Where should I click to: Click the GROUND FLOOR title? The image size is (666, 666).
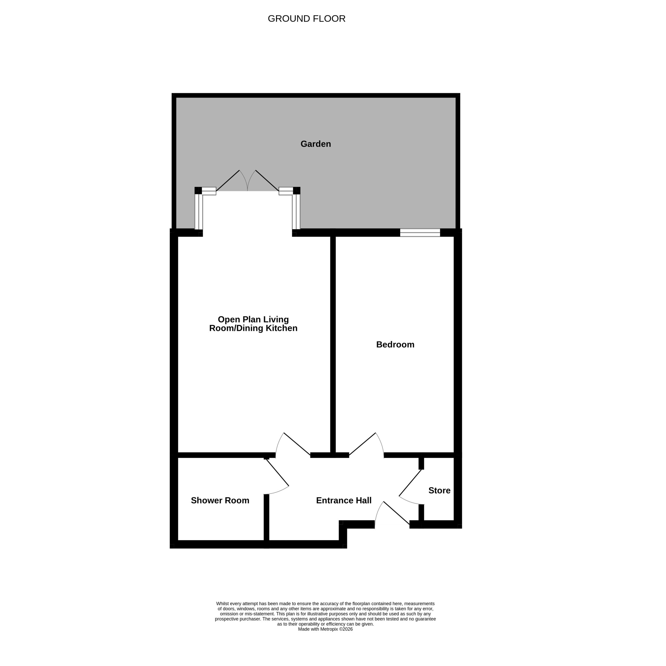coord(306,19)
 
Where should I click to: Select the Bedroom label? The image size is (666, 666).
coord(395,344)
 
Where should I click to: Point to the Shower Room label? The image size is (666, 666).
coord(220,500)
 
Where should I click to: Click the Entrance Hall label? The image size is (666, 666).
coord(344,500)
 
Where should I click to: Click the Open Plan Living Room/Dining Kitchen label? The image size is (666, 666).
coord(253,324)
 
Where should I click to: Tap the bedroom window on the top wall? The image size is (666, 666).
coord(420,233)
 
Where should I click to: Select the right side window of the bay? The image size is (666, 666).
coord(296,212)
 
